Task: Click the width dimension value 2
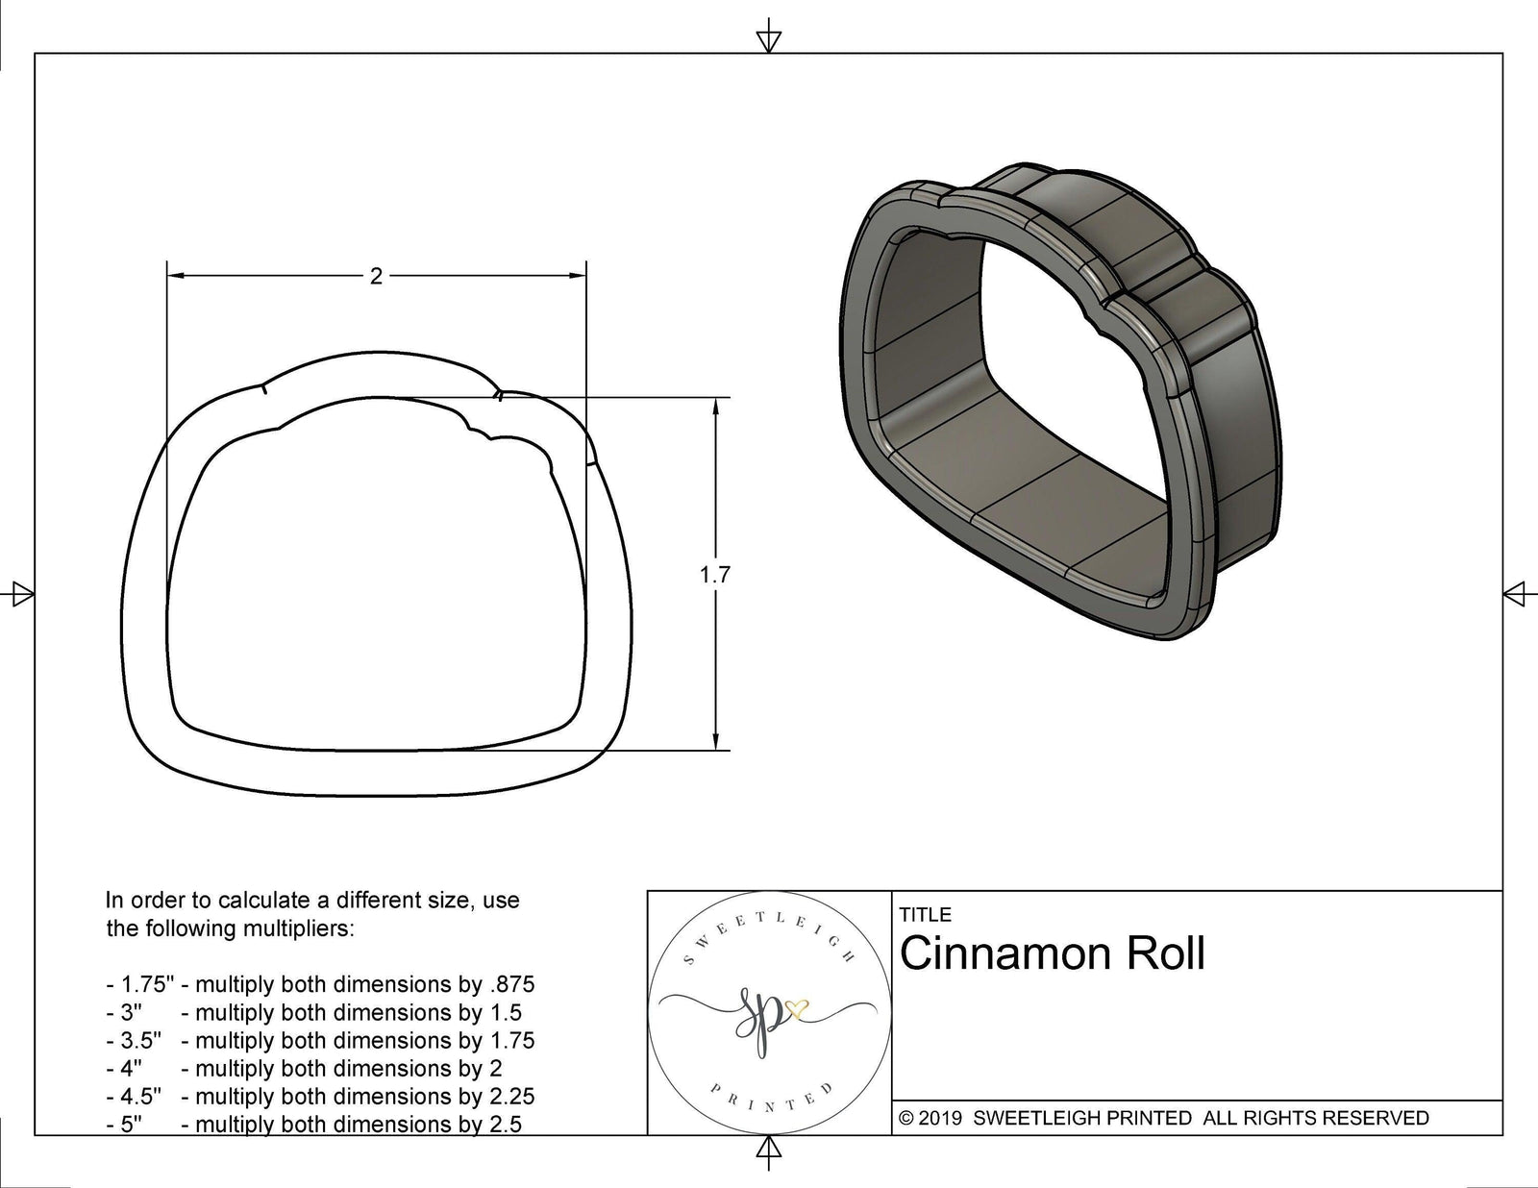[376, 277]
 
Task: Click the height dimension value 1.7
[714, 575]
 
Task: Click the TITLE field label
[926, 914]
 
